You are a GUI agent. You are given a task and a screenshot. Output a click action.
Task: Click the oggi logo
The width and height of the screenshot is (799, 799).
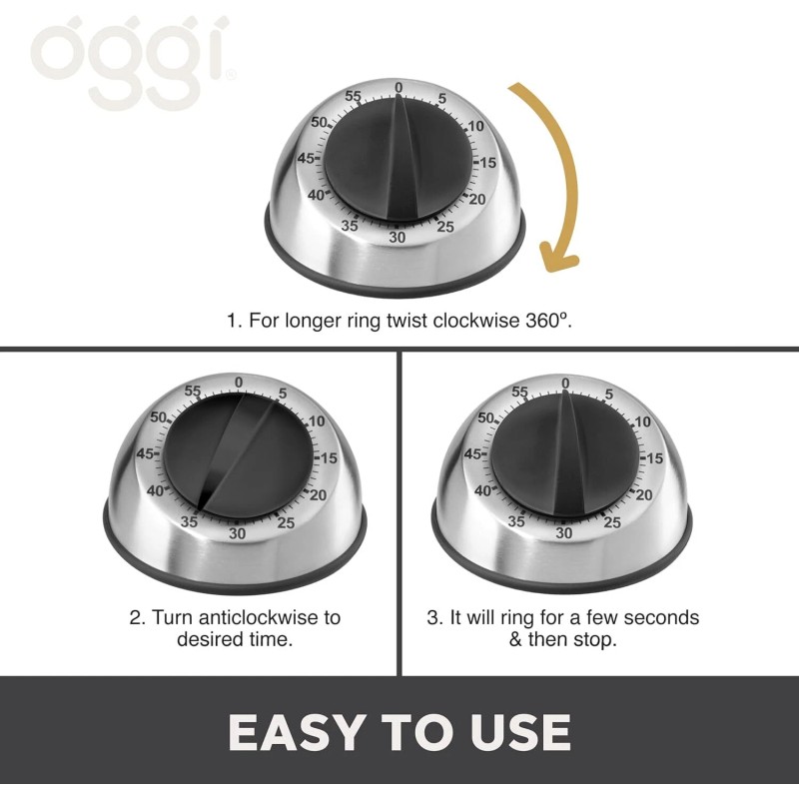click(133, 59)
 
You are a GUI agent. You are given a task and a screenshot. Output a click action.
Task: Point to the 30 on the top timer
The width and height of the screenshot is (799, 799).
click(398, 237)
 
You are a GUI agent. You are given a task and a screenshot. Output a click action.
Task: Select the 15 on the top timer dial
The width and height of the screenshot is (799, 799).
click(487, 162)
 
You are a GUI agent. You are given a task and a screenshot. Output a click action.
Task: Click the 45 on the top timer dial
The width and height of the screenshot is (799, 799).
click(308, 159)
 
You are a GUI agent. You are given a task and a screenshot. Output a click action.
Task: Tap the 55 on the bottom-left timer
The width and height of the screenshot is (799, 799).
click(193, 393)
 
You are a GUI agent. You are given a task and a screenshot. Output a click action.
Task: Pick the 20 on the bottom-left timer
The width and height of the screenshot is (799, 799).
click(318, 495)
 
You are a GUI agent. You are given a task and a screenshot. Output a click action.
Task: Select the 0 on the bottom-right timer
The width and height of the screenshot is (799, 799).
click(565, 384)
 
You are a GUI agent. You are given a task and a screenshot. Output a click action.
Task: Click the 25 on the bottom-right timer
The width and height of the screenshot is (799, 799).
click(612, 522)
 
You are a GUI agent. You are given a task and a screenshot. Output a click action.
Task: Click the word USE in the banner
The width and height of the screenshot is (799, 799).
click(517, 733)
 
